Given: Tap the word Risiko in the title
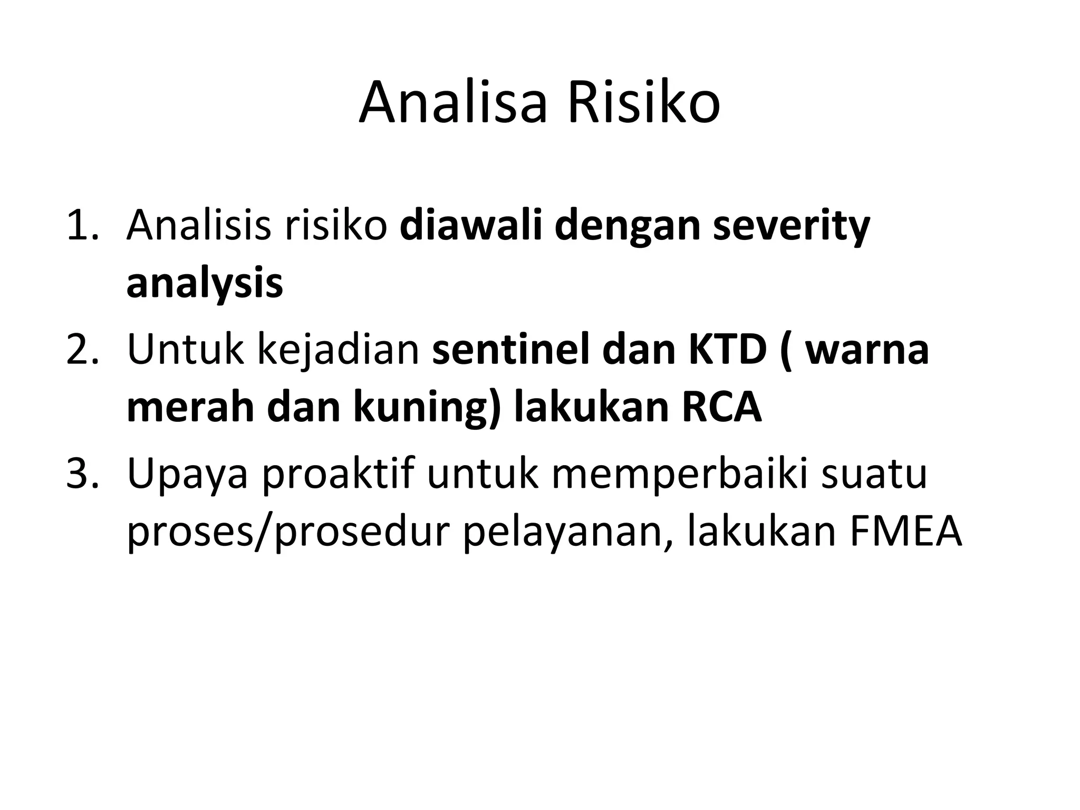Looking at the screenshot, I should tap(643, 103).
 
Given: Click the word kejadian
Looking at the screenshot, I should tap(337, 350).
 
